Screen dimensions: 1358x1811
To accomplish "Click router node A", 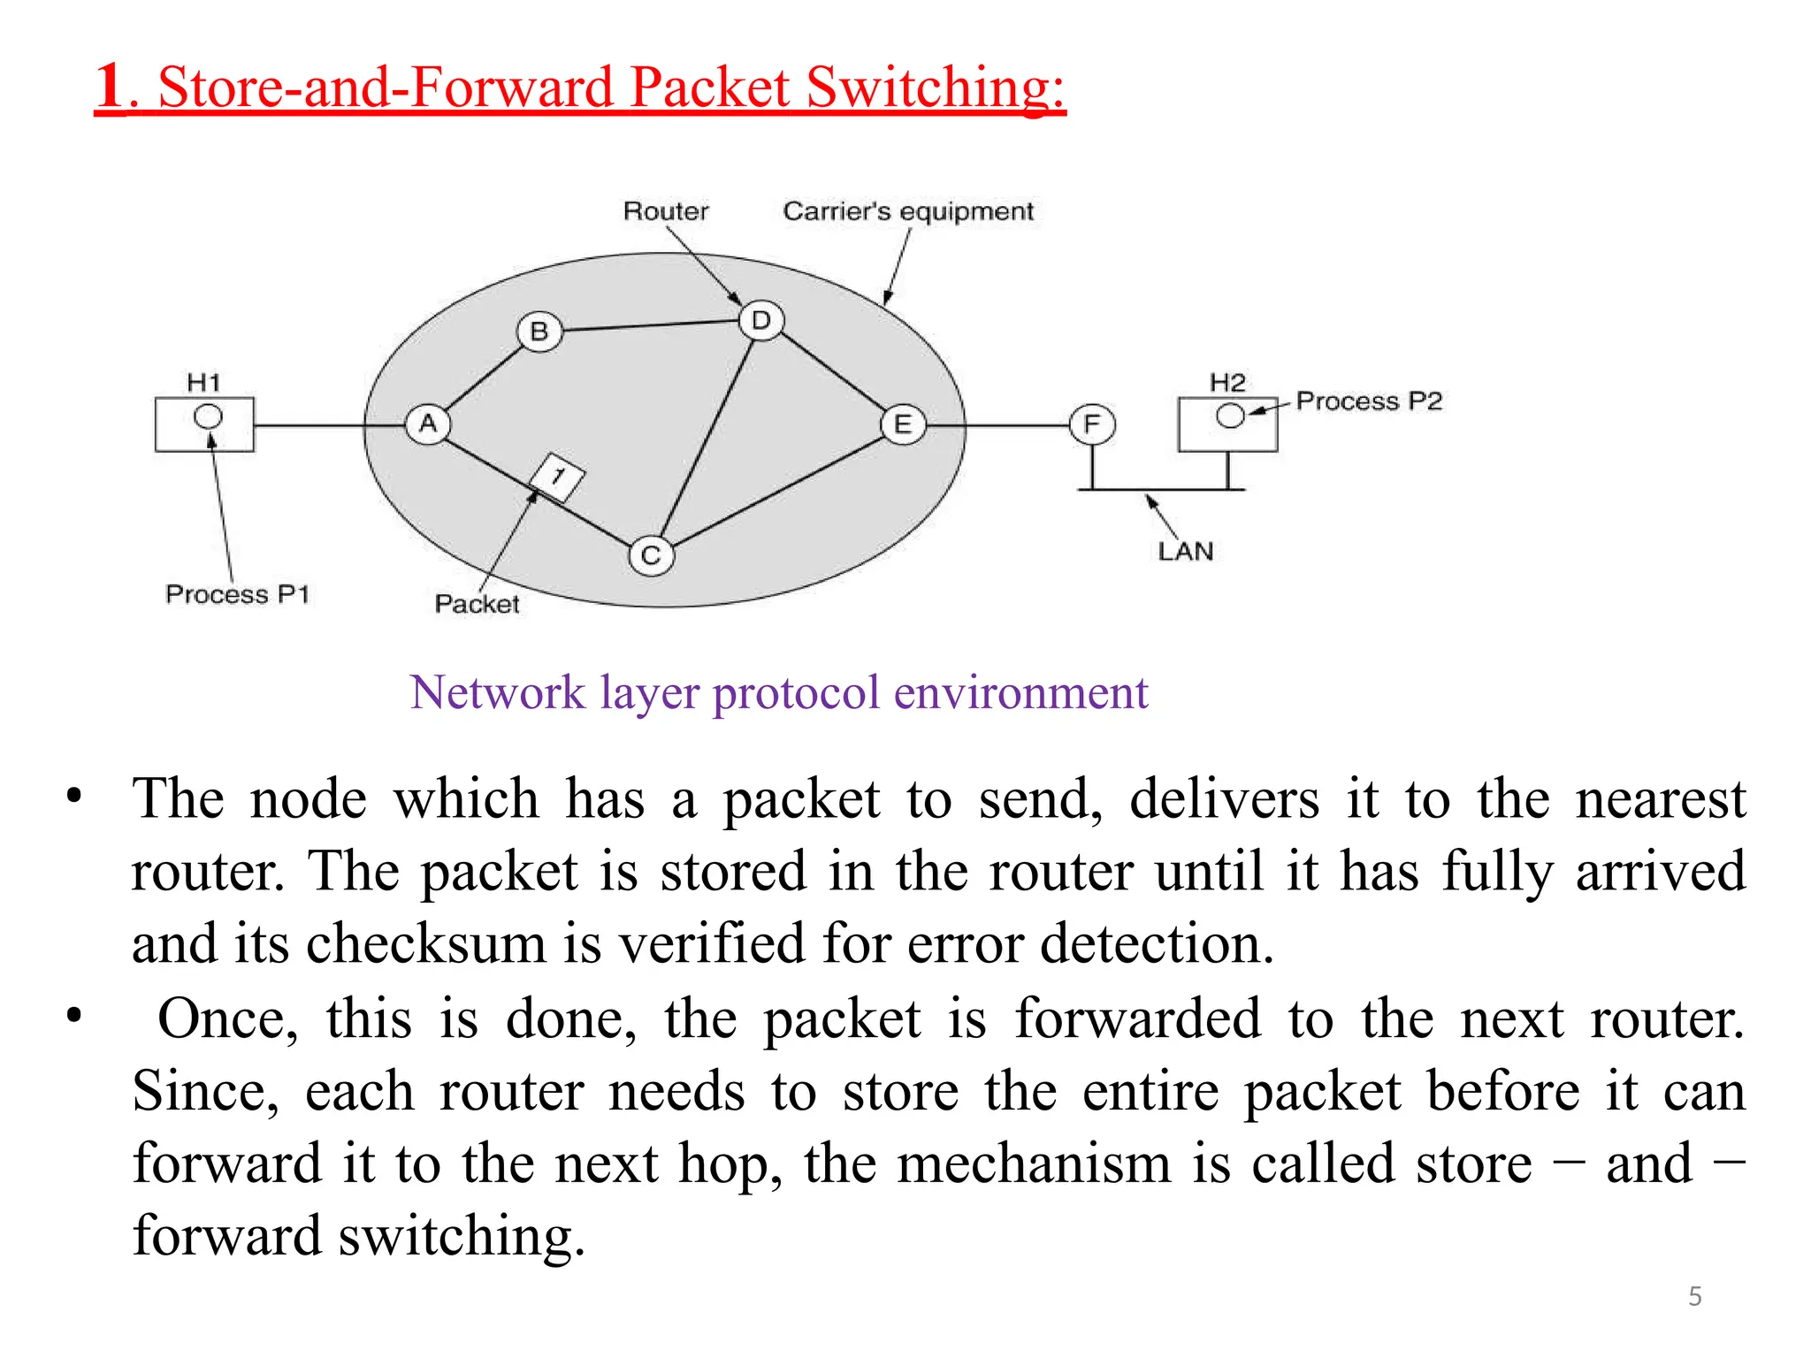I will click(x=428, y=424).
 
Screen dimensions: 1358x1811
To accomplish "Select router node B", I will click(x=539, y=332).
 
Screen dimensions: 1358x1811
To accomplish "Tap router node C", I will click(x=652, y=556).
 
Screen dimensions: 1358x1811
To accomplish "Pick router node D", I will click(x=761, y=321).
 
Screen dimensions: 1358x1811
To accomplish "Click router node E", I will click(x=903, y=424).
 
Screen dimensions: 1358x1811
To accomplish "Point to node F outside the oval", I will click(x=1092, y=424).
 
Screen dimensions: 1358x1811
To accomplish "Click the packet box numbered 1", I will click(x=557, y=477).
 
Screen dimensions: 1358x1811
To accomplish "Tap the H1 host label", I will click(x=204, y=383).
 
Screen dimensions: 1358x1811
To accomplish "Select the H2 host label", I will click(x=1227, y=383).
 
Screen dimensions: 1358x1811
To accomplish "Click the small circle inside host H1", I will click(x=209, y=416).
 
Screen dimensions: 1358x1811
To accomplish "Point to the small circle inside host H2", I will click(x=1230, y=416).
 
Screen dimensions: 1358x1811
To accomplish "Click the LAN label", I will click(x=1186, y=552).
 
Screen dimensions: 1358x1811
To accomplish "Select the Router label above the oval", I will click(x=666, y=211).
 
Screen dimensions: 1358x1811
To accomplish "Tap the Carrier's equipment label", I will click(x=908, y=211).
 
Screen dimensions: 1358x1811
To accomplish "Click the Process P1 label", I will click(x=237, y=594).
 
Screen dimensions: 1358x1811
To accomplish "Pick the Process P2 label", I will click(x=1369, y=401).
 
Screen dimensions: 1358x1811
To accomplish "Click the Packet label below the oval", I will click(x=477, y=604).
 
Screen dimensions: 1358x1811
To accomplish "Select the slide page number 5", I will click(x=1694, y=1296).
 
